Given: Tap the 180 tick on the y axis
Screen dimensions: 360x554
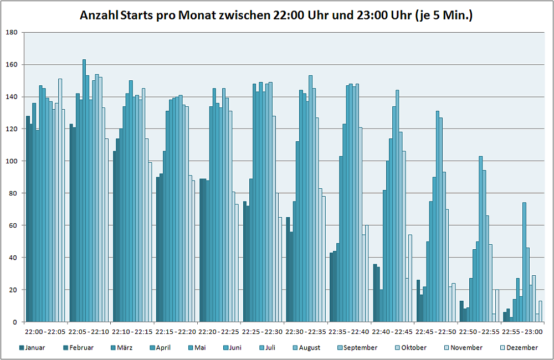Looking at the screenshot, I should pos(12,33).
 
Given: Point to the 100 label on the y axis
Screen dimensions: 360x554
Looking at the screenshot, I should pos(12,161).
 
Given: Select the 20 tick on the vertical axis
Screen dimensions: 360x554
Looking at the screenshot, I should pos(13,290).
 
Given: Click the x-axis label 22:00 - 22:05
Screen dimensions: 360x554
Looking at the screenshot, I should pos(45,331).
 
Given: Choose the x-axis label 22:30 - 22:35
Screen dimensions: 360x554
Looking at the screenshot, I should pos(306,331).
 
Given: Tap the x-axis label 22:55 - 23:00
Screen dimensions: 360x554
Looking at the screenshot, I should pos(523,331).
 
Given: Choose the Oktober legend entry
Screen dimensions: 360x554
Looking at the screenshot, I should pos(412,348).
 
